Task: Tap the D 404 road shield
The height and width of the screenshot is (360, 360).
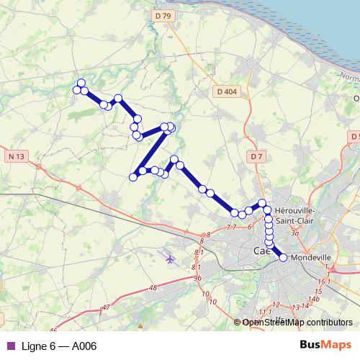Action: click(x=226, y=91)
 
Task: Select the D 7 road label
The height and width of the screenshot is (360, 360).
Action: click(x=258, y=156)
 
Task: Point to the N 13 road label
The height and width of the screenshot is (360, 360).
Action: click(x=17, y=156)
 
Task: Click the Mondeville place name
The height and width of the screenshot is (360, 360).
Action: click(x=311, y=256)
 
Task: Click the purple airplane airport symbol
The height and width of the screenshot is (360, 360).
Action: click(x=170, y=258)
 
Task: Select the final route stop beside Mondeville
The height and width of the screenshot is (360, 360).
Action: click(x=282, y=257)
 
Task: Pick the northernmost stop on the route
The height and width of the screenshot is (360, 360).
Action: click(x=81, y=83)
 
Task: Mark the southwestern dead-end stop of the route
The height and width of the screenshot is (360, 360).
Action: click(x=133, y=177)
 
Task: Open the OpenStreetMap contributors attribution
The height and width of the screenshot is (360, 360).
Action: click(x=297, y=322)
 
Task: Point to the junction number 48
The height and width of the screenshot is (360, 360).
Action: click(x=153, y=288)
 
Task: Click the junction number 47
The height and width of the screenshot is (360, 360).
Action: click(x=106, y=307)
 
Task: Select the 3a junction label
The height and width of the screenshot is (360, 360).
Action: click(x=294, y=233)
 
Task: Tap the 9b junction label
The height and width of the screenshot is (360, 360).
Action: click(x=197, y=277)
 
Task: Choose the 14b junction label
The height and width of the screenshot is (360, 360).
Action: click(x=313, y=298)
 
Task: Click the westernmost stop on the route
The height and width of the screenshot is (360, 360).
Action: click(x=76, y=89)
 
